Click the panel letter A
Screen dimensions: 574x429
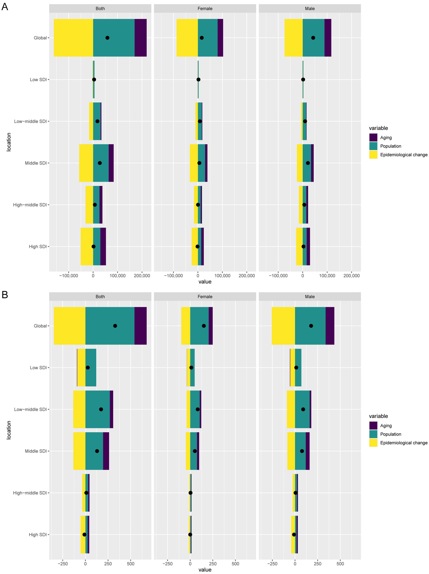point(5,7)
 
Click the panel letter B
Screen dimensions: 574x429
point(5,294)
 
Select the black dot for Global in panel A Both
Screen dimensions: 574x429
point(107,38)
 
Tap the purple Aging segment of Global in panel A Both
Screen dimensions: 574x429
point(141,38)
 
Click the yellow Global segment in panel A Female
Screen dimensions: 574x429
point(187,38)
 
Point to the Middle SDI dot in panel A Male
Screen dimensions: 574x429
point(308,163)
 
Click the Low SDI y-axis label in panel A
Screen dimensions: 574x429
point(38,80)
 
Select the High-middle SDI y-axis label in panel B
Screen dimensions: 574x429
point(30,493)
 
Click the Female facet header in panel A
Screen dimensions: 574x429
point(205,9)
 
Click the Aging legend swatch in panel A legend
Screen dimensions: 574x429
point(373,138)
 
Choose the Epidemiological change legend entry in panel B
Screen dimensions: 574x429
point(404,443)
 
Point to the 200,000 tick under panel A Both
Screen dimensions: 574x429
point(142,276)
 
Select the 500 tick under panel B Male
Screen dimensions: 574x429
point(340,564)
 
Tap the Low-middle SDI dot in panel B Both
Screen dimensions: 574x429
point(101,409)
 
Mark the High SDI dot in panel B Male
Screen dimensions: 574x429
point(294,535)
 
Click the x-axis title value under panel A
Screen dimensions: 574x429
point(205,282)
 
